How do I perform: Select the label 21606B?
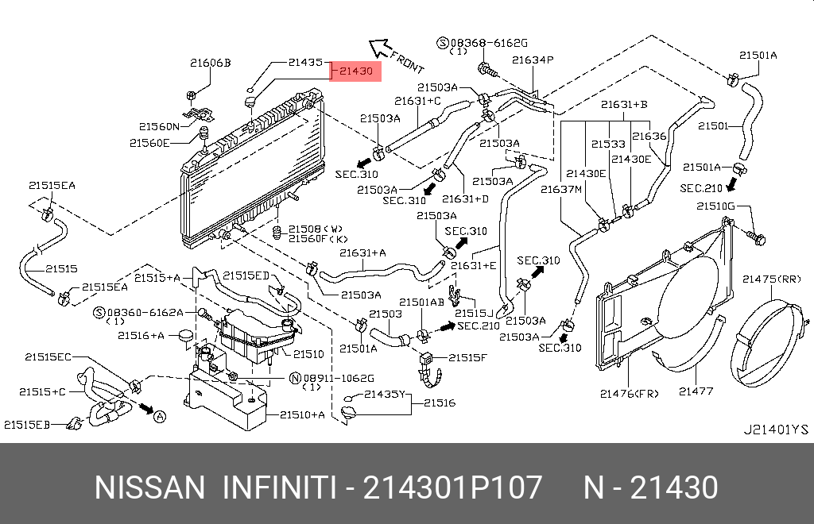[209, 62]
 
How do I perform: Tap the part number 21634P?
[532, 60]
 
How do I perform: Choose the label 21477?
[696, 391]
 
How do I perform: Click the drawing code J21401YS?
[775, 430]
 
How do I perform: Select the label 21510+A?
[301, 414]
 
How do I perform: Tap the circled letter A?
[160, 416]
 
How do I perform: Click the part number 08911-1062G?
[337, 378]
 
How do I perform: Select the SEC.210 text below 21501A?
[702, 188]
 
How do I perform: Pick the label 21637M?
[562, 189]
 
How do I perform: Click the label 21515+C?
[43, 391]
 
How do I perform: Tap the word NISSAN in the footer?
[149, 487]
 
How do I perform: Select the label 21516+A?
[141, 335]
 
